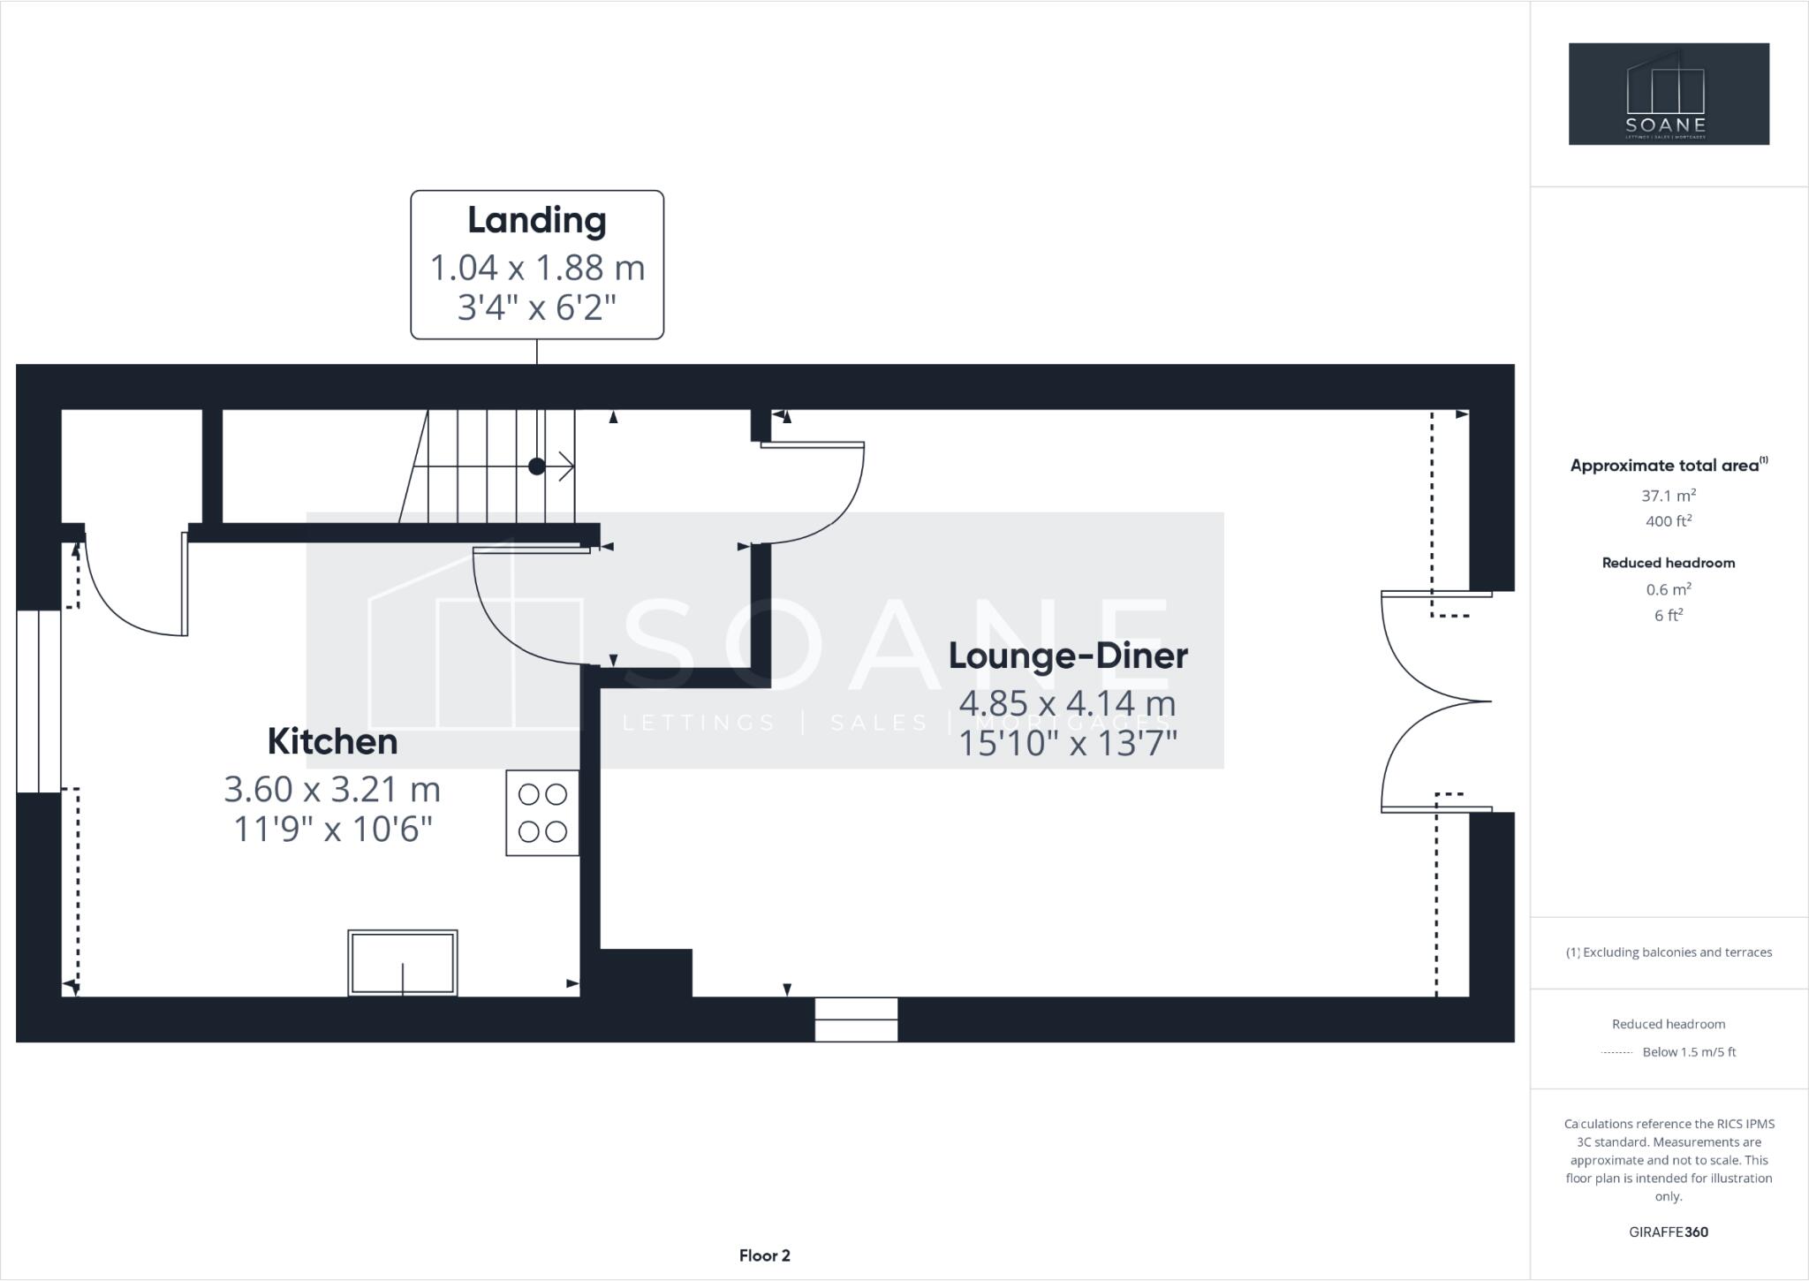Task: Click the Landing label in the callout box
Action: [537, 221]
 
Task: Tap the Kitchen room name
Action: [332, 742]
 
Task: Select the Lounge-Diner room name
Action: [1068, 656]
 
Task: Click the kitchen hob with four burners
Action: [542, 813]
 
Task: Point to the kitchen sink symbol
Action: [403, 963]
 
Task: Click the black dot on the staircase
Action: [536, 466]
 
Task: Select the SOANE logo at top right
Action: [1669, 94]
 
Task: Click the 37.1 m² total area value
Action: [1668, 496]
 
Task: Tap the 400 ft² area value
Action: [1668, 521]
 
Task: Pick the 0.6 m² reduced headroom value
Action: [1668, 589]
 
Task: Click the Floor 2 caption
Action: [765, 1255]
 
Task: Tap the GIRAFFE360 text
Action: [1668, 1232]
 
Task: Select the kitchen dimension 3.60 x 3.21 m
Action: [332, 789]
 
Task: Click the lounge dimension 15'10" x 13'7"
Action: [1068, 744]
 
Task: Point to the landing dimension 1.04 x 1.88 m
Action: [537, 268]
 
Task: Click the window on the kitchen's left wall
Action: [39, 701]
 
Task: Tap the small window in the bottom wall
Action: [856, 1019]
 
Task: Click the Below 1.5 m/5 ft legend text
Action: [1689, 1052]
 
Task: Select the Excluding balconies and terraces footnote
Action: [1677, 952]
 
